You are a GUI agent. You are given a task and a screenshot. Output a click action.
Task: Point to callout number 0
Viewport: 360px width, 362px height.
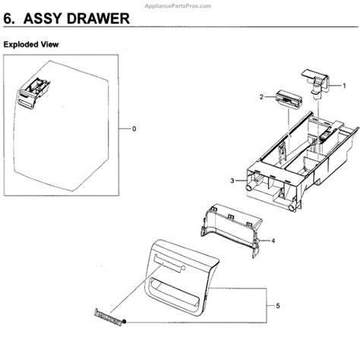134,129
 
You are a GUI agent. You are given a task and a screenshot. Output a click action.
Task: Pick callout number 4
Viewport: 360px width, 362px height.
273,241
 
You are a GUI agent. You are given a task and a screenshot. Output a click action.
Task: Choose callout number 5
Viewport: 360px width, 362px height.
279,306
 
